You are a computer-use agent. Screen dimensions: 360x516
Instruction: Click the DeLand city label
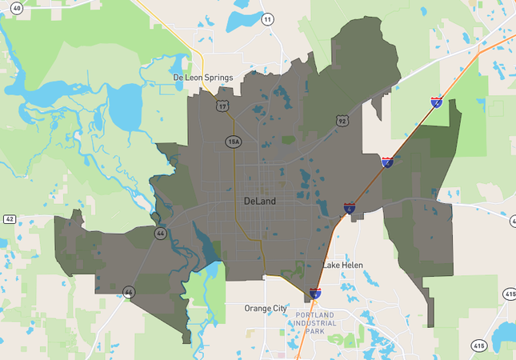coord(260,202)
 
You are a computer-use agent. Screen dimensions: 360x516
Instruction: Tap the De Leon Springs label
coord(202,78)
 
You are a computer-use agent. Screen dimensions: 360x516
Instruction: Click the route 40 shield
coord(17,7)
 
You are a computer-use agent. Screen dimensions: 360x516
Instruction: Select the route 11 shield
coord(266,18)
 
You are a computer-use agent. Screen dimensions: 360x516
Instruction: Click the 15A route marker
coord(232,142)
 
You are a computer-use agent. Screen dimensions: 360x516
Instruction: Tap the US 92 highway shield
coord(342,122)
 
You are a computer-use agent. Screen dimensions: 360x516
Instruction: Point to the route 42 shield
coord(10,218)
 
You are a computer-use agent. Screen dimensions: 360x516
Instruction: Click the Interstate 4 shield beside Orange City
coord(316,294)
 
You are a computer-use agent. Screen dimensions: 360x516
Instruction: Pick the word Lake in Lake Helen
coord(331,265)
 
